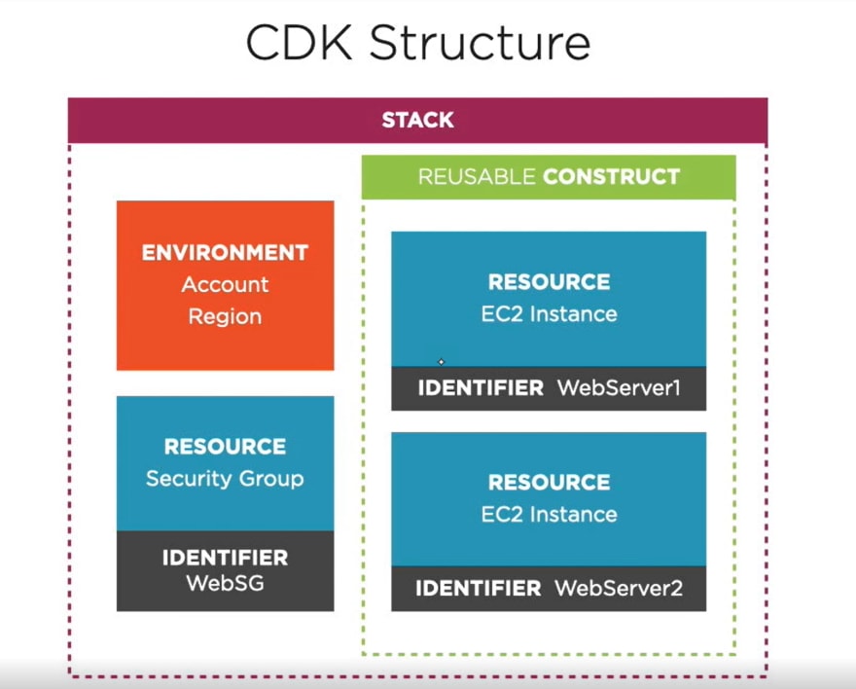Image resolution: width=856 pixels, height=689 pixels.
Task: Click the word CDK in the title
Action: click(x=300, y=42)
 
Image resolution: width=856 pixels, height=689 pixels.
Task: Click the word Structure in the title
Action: click(x=480, y=42)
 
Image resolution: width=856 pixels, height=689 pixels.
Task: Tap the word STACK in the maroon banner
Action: click(x=417, y=120)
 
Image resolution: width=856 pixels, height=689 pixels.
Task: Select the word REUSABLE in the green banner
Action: click(x=477, y=177)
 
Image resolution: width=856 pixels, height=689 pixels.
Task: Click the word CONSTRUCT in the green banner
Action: click(x=612, y=177)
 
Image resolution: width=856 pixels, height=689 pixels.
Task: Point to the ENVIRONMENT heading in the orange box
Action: click(x=225, y=253)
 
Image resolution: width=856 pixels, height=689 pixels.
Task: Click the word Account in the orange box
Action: click(x=225, y=284)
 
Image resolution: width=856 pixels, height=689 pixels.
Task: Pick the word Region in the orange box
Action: click(x=225, y=316)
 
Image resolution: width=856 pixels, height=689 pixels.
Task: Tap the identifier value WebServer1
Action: click(x=619, y=387)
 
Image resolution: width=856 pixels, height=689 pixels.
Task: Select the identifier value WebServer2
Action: click(x=619, y=588)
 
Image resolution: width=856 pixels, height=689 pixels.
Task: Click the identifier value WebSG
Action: click(x=225, y=583)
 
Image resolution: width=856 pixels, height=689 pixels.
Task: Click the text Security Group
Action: click(x=225, y=479)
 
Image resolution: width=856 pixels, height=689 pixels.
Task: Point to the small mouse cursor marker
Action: click(x=441, y=361)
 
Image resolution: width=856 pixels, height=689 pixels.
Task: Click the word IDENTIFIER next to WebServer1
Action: click(x=481, y=387)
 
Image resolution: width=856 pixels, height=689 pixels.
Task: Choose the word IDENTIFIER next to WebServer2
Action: click(x=479, y=588)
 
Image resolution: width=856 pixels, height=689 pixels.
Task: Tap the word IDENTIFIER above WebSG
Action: click(x=225, y=558)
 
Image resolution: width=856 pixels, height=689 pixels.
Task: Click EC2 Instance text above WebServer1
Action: click(x=550, y=314)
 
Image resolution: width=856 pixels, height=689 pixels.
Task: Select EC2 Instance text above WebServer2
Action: click(x=550, y=514)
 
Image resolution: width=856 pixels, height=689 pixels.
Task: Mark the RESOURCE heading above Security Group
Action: click(x=225, y=447)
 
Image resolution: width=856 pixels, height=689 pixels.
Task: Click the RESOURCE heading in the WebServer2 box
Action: click(x=550, y=482)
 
